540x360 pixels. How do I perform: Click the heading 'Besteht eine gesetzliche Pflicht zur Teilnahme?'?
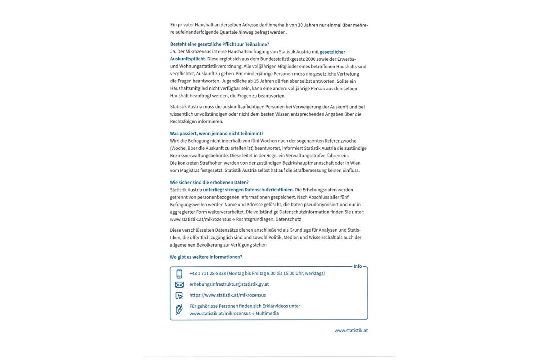(219, 44)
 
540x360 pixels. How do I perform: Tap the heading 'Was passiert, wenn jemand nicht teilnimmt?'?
(216, 133)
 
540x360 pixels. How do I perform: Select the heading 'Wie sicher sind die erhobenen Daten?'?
(209, 182)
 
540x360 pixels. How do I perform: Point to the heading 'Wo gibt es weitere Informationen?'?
(206, 257)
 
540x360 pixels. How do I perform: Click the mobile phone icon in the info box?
(180, 274)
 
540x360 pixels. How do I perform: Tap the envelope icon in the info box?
(180, 284)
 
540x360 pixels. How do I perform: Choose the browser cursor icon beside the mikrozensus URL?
(180, 296)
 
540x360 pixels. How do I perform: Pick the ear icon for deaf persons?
(180, 310)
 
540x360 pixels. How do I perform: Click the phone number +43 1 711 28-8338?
(207, 273)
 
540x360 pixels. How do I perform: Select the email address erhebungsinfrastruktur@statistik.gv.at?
(229, 284)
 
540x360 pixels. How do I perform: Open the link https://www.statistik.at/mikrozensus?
(228, 295)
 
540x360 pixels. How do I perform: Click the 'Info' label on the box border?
(358, 266)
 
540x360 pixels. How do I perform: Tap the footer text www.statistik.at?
(351, 330)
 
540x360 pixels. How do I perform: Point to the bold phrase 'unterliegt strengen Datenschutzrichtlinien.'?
(248, 189)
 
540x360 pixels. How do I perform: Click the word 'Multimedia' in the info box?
(267, 313)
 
